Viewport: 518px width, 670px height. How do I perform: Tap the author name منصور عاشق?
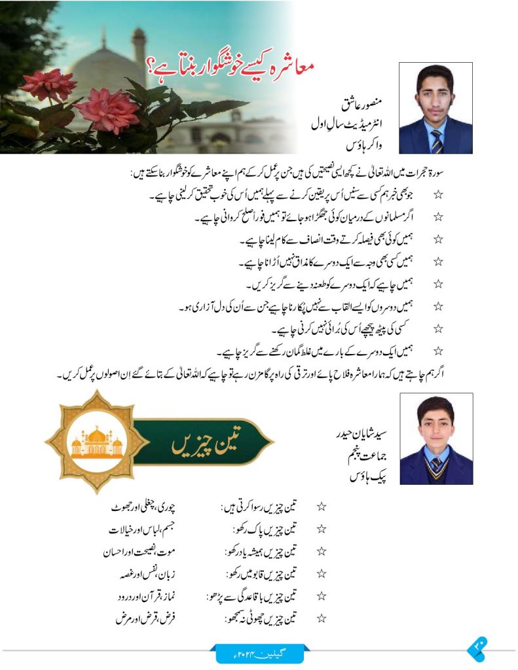(362, 103)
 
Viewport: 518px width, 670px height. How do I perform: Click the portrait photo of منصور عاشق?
(435, 108)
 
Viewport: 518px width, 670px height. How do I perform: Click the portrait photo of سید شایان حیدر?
(435, 438)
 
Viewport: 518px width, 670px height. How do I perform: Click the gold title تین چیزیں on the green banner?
(196, 446)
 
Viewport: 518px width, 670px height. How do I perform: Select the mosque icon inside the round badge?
(96, 443)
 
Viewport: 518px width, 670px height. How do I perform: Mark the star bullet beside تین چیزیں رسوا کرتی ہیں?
(322, 507)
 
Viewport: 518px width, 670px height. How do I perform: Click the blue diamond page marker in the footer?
(475, 650)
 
